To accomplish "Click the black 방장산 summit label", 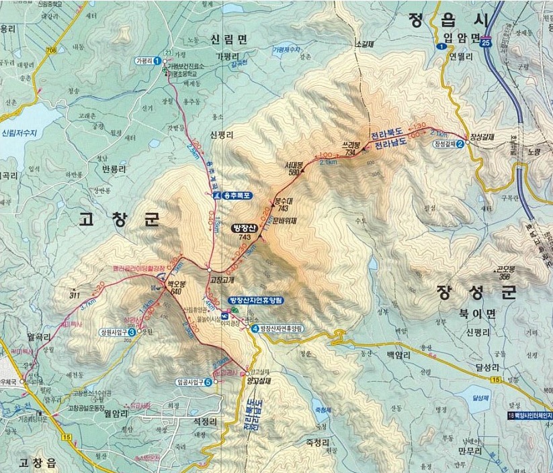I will coord(244,228).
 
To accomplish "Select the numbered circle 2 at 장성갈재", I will coord(460,143).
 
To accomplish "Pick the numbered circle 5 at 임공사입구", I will coord(208,382).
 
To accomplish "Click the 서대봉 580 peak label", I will coord(294,168).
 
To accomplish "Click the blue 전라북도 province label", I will coord(394,134).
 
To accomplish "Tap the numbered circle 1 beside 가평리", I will coord(157,60).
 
